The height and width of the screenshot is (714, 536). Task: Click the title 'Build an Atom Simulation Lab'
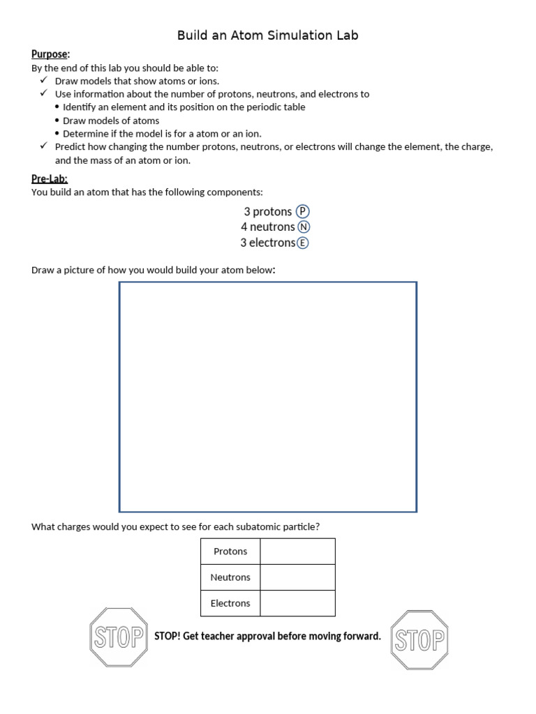pos(267,35)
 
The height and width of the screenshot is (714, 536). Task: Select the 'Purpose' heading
pos(50,54)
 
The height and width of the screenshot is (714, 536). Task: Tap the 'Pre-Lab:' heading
pos(50,179)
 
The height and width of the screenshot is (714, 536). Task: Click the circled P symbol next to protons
pos(302,211)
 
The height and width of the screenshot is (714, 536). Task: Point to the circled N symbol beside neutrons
pos(304,227)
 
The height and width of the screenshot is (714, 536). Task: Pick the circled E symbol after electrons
pos(302,243)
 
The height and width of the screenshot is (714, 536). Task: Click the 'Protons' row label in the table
pos(230,552)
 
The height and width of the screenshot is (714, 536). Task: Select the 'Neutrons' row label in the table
pos(230,577)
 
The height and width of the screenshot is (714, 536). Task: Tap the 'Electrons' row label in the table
pos(230,603)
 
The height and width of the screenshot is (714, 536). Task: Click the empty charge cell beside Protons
pos(297,552)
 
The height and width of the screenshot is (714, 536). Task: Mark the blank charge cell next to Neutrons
pos(297,577)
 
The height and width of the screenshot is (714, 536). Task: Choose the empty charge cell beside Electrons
pos(297,603)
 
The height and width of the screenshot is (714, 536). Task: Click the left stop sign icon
pos(119,637)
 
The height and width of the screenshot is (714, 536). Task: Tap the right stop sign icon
pos(419,639)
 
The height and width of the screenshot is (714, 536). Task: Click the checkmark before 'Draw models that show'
pos(43,81)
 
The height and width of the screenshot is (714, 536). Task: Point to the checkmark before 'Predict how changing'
pos(43,146)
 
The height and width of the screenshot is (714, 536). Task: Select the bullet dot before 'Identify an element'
pos(57,107)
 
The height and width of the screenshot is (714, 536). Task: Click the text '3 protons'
pos(267,211)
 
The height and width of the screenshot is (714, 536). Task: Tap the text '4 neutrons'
pos(267,227)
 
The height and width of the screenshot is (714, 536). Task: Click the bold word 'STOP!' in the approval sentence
pos(167,636)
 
